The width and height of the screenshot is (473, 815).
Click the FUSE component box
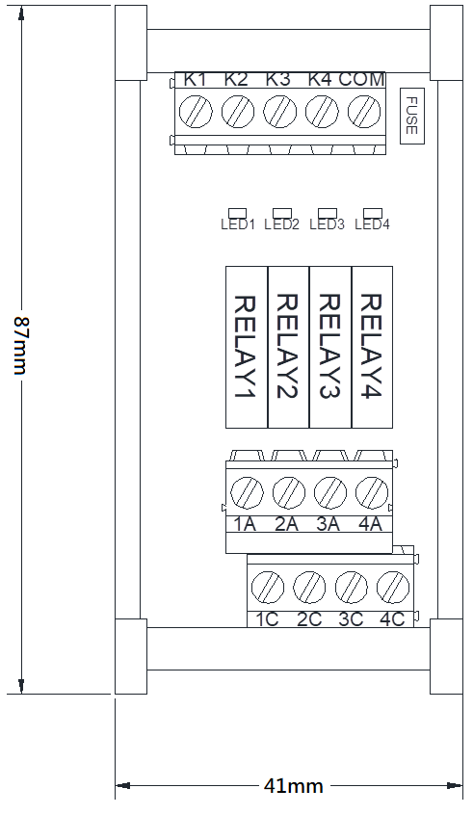[x=412, y=116]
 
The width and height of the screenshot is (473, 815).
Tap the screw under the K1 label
[x=196, y=111]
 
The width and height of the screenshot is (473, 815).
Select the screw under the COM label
[x=364, y=111]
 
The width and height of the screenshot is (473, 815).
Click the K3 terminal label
[x=278, y=80]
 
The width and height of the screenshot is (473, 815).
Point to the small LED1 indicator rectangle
[x=238, y=213]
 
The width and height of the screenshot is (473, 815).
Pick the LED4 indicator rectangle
[x=373, y=213]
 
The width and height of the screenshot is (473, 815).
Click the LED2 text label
[x=281, y=224]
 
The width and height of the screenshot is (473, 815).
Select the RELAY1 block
[x=247, y=347]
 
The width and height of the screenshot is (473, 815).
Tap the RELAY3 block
[x=330, y=347]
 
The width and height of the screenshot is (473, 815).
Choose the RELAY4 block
[x=372, y=347]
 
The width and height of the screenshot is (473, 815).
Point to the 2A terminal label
[x=286, y=524]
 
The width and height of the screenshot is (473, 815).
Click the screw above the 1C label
[x=268, y=588]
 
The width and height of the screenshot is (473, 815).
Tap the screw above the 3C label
[x=352, y=588]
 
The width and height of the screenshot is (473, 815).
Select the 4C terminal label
[x=392, y=619]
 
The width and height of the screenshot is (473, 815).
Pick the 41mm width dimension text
[x=293, y=786]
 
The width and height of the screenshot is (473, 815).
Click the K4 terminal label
[x=320, y=80]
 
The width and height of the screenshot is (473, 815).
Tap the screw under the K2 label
[x=238, y=111]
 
